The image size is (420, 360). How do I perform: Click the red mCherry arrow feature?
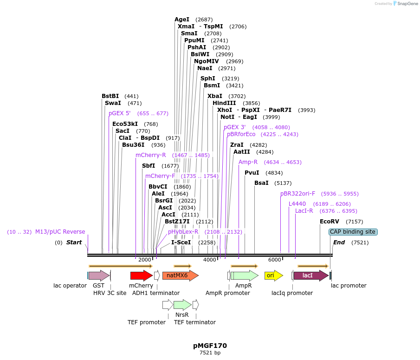click(141, 275)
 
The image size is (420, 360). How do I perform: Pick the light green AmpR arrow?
click(244, 275)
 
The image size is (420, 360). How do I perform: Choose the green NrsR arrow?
click(182, 305)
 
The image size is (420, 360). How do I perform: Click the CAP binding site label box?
click(353, 232)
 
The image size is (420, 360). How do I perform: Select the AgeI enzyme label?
click(182, 20)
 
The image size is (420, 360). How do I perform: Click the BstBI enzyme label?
click(110, 96)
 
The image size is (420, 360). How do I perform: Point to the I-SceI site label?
click(181, 242)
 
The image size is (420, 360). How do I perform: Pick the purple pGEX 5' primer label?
click(120, 113)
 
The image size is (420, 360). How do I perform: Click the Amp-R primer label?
click(248, 162)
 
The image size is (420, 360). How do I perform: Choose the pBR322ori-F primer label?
click(297, 194)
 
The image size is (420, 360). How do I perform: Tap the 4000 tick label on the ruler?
click(210, 260)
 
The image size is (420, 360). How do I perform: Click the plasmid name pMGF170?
click(210, 346)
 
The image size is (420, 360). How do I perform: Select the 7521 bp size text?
click(210, 353)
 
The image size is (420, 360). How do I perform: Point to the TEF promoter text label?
click(147, 322)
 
